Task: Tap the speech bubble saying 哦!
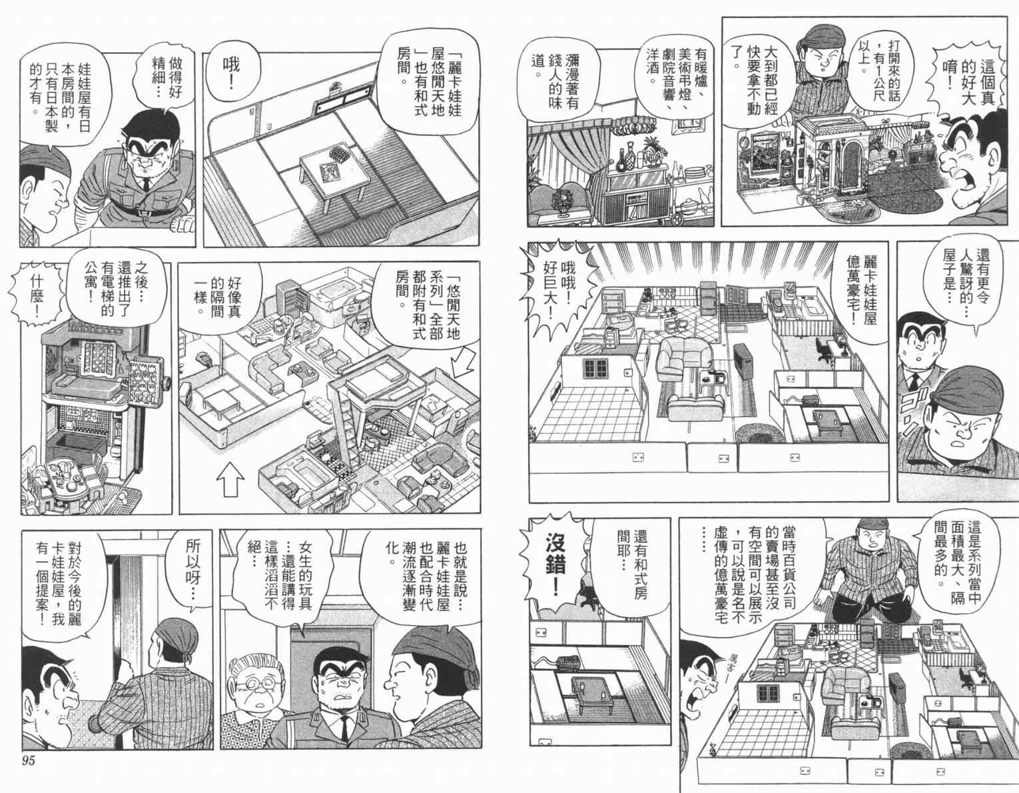pyautogui.click(x=231, y=75)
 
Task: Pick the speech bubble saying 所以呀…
pyautogui.click(x=192, y=570)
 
